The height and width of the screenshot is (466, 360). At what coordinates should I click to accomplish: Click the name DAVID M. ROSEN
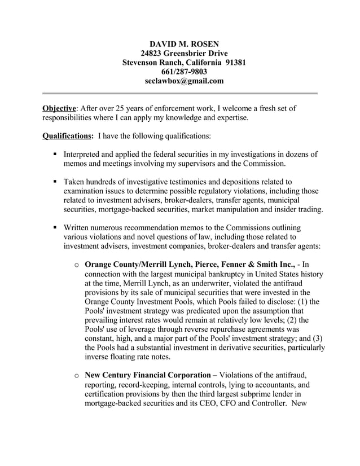point(179,43)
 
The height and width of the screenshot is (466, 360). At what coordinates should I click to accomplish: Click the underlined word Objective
point(59,108)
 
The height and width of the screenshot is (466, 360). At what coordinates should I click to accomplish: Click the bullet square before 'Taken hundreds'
point(55,182)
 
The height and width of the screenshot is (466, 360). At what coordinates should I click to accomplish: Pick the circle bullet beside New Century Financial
point(76,375)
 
